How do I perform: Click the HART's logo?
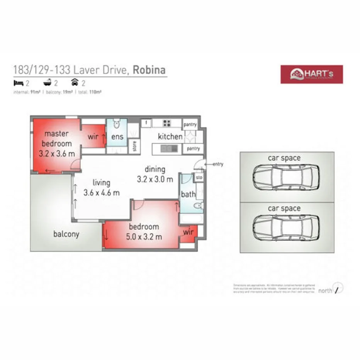coord(311,74)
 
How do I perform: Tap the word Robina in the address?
coord(149,70)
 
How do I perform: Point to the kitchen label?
coord(170,136)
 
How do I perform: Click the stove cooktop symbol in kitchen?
coord(167,123)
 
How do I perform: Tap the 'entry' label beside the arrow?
coord(218,164)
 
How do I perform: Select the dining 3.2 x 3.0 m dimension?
coord(155,179)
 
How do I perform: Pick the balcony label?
coord(66,234)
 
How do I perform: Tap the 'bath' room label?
coord(188,194)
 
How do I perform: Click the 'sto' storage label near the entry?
coord(199,178)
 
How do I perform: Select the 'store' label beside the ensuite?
coord(134,146)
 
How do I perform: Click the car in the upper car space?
coord(286,177)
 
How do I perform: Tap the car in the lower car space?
coord(286,228)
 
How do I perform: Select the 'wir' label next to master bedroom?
coord(93,137)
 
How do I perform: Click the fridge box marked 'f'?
coord(146,123)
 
